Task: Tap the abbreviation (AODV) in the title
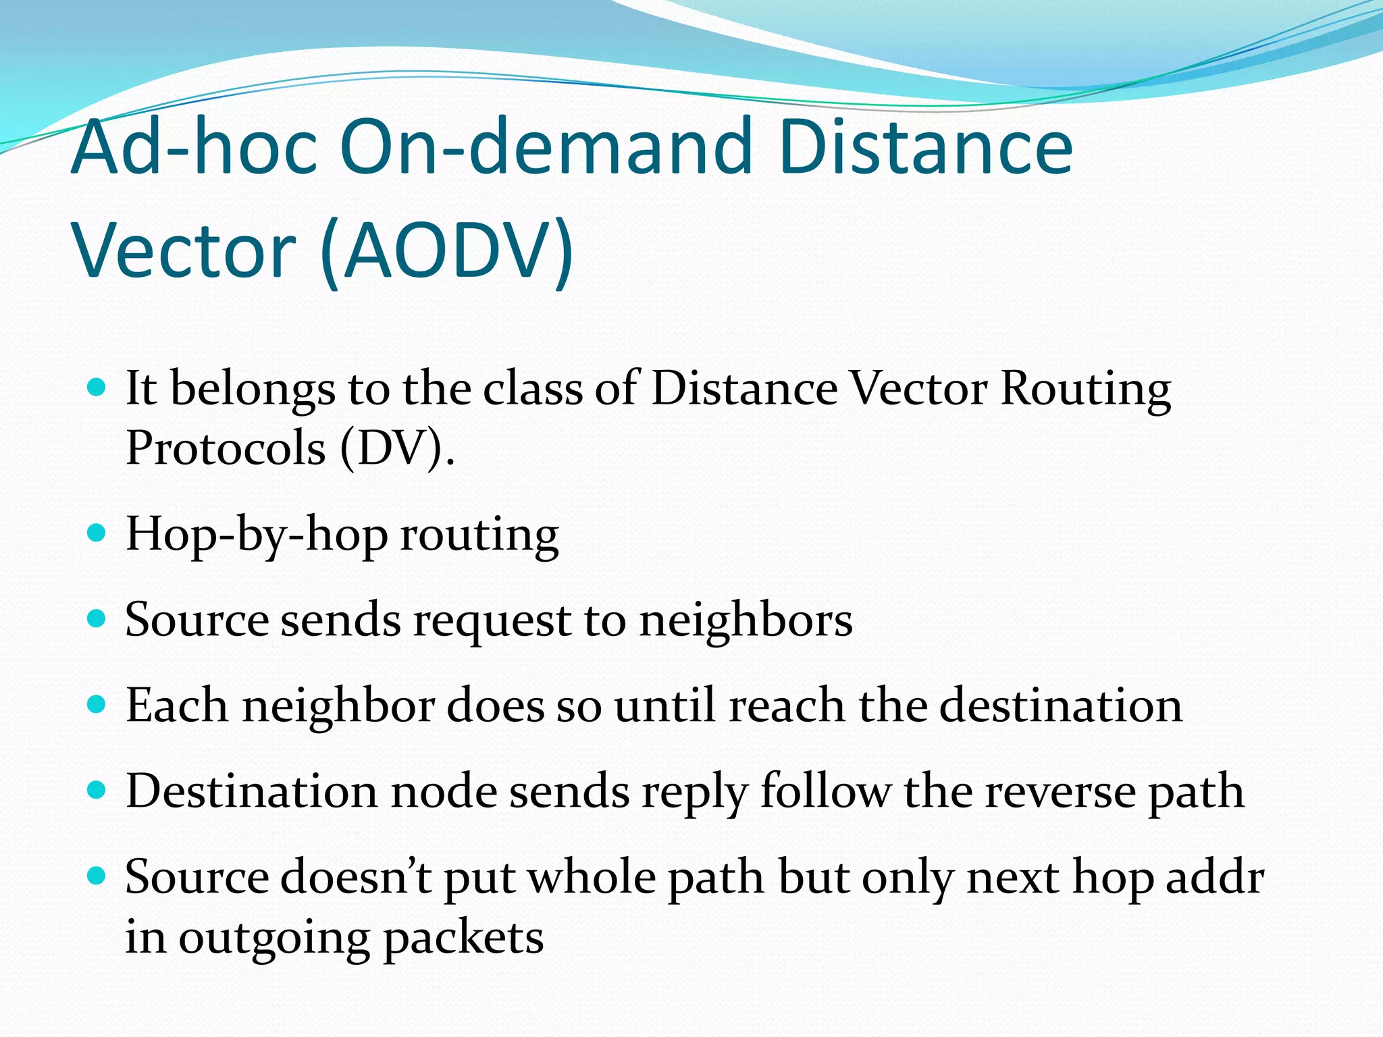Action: (446, 251)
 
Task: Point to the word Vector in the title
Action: (184, 251)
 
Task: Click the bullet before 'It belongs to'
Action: (97, 387)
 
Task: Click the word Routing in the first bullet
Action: (1085, 390)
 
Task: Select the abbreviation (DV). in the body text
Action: (397, 448)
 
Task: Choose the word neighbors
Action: (746, 620)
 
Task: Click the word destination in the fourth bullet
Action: (1060, 706)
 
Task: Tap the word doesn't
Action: (356, 877)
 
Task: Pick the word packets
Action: (463, 938)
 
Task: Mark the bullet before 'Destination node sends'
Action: (97, 790)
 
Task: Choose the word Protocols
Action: (226, 448)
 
